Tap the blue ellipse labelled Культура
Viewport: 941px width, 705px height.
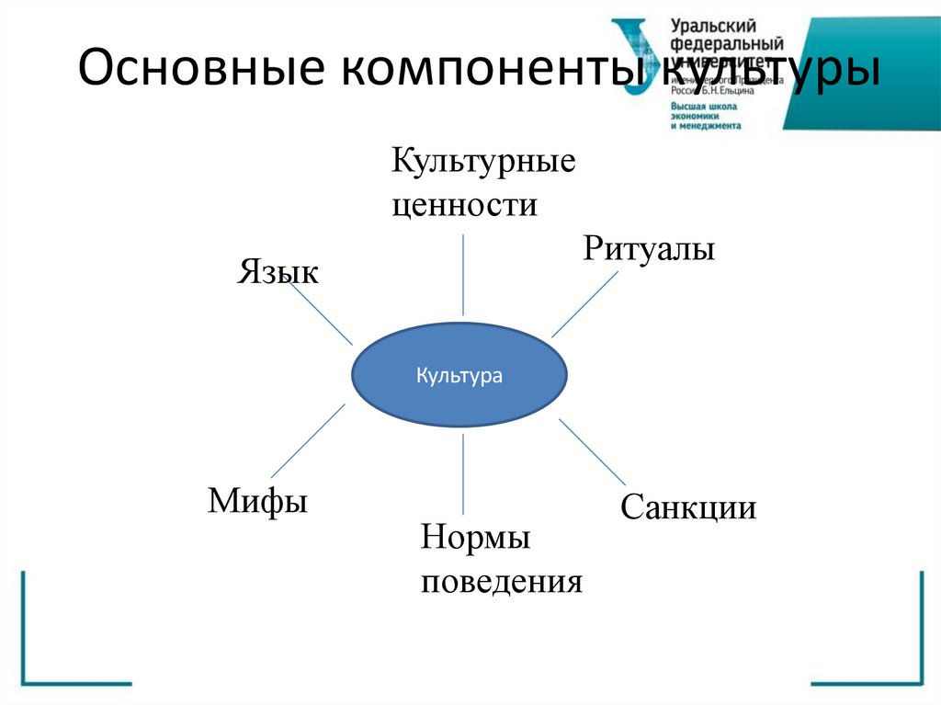460,376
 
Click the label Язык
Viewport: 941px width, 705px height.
278,271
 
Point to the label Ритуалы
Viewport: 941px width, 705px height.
649,248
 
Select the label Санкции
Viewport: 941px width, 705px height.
688,507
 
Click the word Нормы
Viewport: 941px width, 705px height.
475,538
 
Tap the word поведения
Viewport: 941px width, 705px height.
502,582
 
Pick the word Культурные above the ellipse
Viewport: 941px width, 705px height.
483,163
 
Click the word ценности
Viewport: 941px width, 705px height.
464,203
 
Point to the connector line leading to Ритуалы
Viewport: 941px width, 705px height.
584,304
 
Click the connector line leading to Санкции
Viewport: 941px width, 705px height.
593,452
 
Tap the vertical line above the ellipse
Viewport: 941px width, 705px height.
463,274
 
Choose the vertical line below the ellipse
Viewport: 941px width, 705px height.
463,473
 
